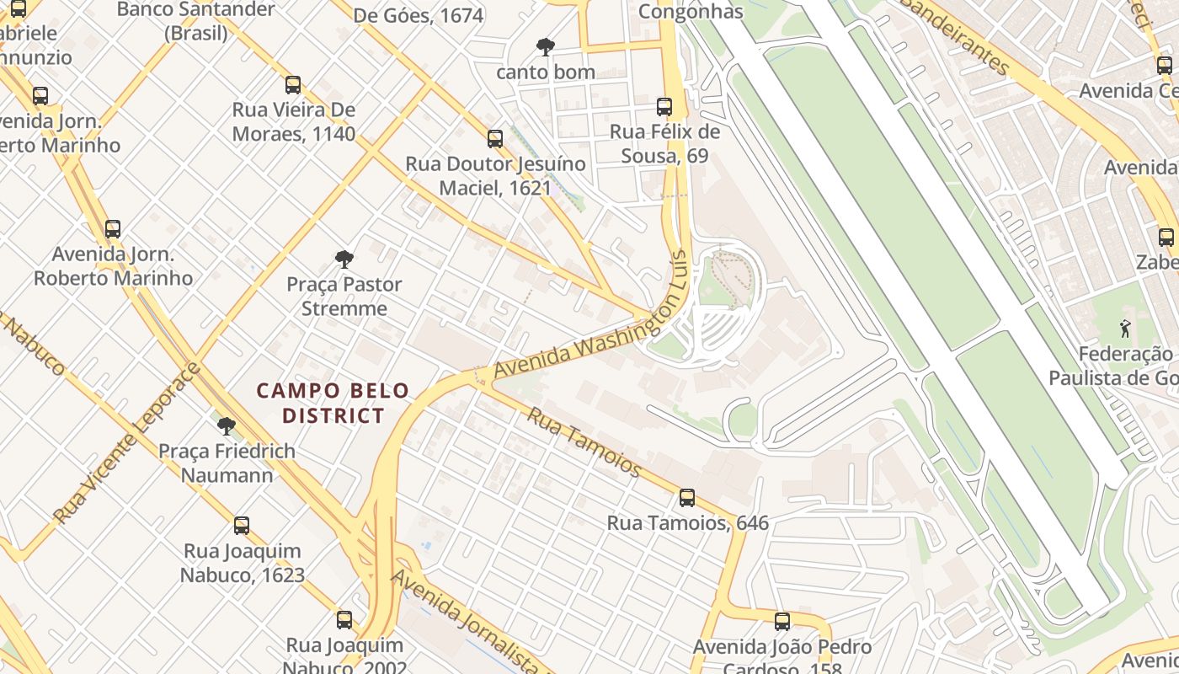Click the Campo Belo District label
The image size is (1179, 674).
pos(333,403)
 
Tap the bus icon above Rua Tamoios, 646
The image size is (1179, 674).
pos(687,498)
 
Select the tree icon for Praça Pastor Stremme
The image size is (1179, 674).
pos(344,259)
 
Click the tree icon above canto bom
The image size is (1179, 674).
pos(546,47)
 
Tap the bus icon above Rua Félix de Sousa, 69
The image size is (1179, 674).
pos(664,107)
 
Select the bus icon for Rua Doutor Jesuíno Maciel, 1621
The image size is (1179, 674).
pos(495,139)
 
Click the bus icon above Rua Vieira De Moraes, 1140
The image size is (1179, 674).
pos(293,85)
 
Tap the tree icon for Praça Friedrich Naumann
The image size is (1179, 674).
pos(226,425)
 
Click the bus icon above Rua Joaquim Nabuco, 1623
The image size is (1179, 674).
pos(242,526)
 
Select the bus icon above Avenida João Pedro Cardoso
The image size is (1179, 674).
pos(782,622)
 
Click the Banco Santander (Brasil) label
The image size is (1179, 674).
pos(196,21)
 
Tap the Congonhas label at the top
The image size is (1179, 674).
pos(691,11)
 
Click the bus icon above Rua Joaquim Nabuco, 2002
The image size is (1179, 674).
pos(344,620)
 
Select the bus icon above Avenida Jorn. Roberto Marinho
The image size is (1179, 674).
pos(112,229)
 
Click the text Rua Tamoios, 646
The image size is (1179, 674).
pos(687,523)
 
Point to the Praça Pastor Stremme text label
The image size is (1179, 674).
pos(344,296)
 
